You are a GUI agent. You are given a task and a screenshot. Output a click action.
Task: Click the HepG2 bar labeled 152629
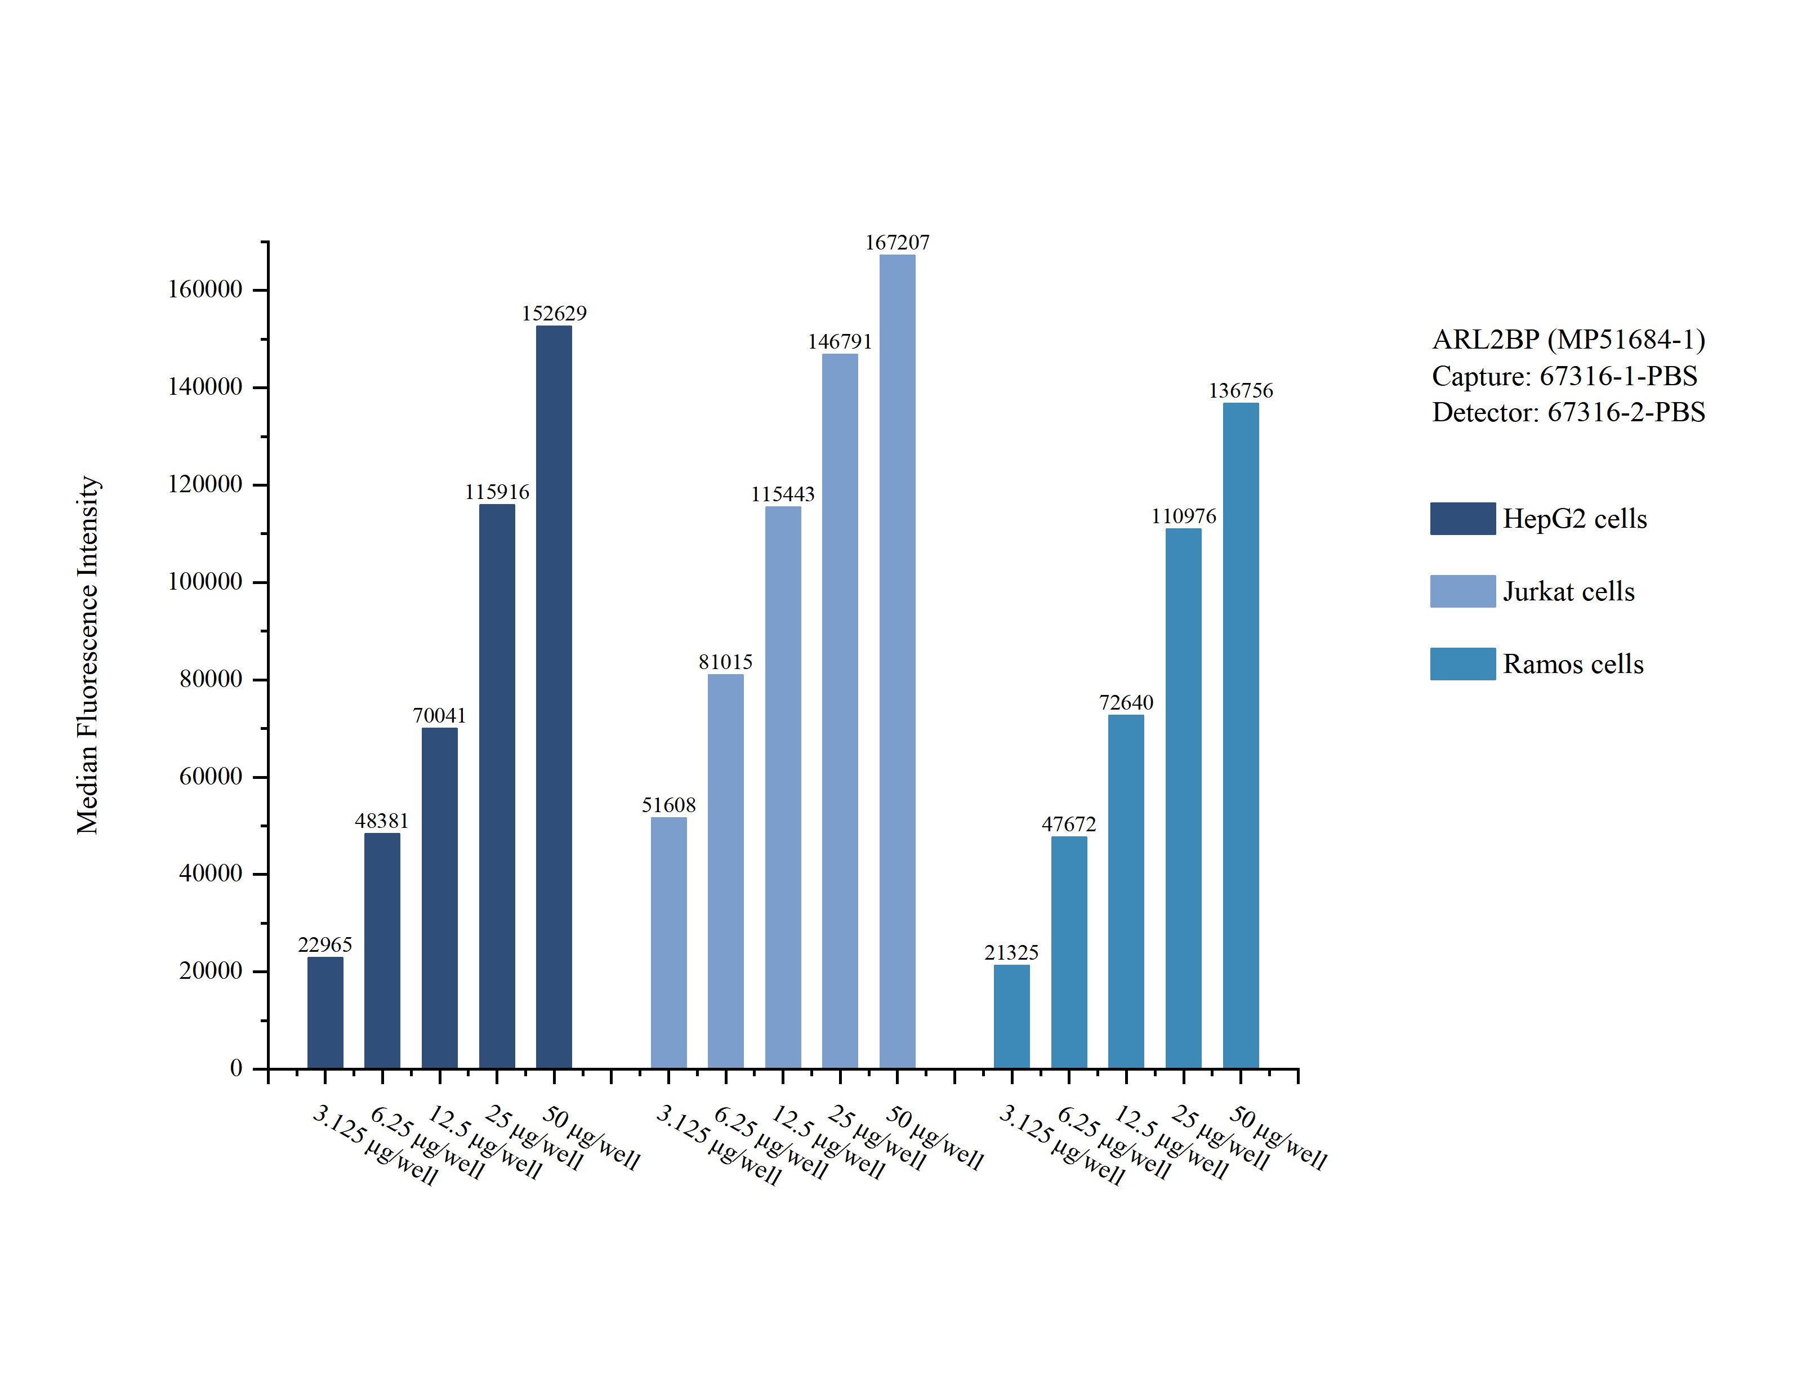pyautogui.click(x=554, y=697)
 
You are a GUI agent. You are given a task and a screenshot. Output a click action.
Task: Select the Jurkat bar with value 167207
pyautogui.click(x=896, y=662)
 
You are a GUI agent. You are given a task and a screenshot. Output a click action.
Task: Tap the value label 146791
pyautogui.click(x=840, y=341)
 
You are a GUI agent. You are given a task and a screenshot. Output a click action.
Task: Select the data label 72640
pyautogui.click(x=1126, y=702)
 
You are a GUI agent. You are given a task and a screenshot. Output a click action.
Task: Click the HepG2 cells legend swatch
pyautogui.click(x=1462, y=519)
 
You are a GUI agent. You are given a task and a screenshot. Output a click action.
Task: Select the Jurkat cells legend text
pyautogui.click(x=1568, y=591)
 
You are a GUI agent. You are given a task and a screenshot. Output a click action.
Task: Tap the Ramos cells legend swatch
pyautogui.click(x=1462, y=664)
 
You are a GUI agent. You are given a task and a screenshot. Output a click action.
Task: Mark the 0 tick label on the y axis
pyautogui.click(x=236, y=1068)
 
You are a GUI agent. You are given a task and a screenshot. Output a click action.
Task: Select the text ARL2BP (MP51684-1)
pyautogui.click(x=1568, y=339)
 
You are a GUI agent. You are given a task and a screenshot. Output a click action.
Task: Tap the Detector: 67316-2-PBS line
pyautogui.click(x=1568, y=412)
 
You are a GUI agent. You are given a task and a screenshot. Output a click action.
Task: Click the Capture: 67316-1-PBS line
pyautogui.click(x=1564, y=376)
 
